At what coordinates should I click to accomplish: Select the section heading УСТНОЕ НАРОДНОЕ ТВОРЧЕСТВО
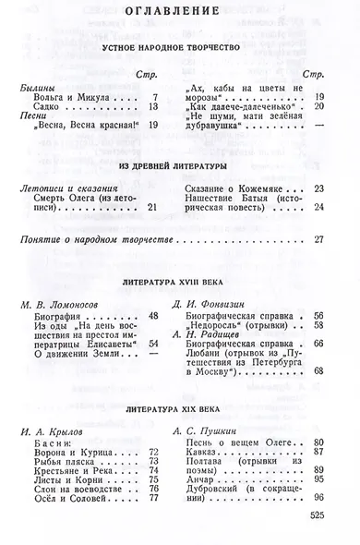coord(179,44)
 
